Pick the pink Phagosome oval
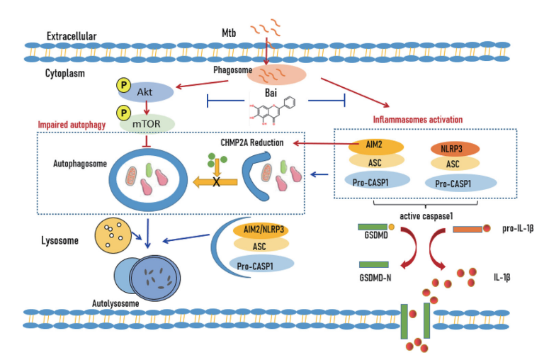276,74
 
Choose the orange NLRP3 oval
454,150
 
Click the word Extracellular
71,36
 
